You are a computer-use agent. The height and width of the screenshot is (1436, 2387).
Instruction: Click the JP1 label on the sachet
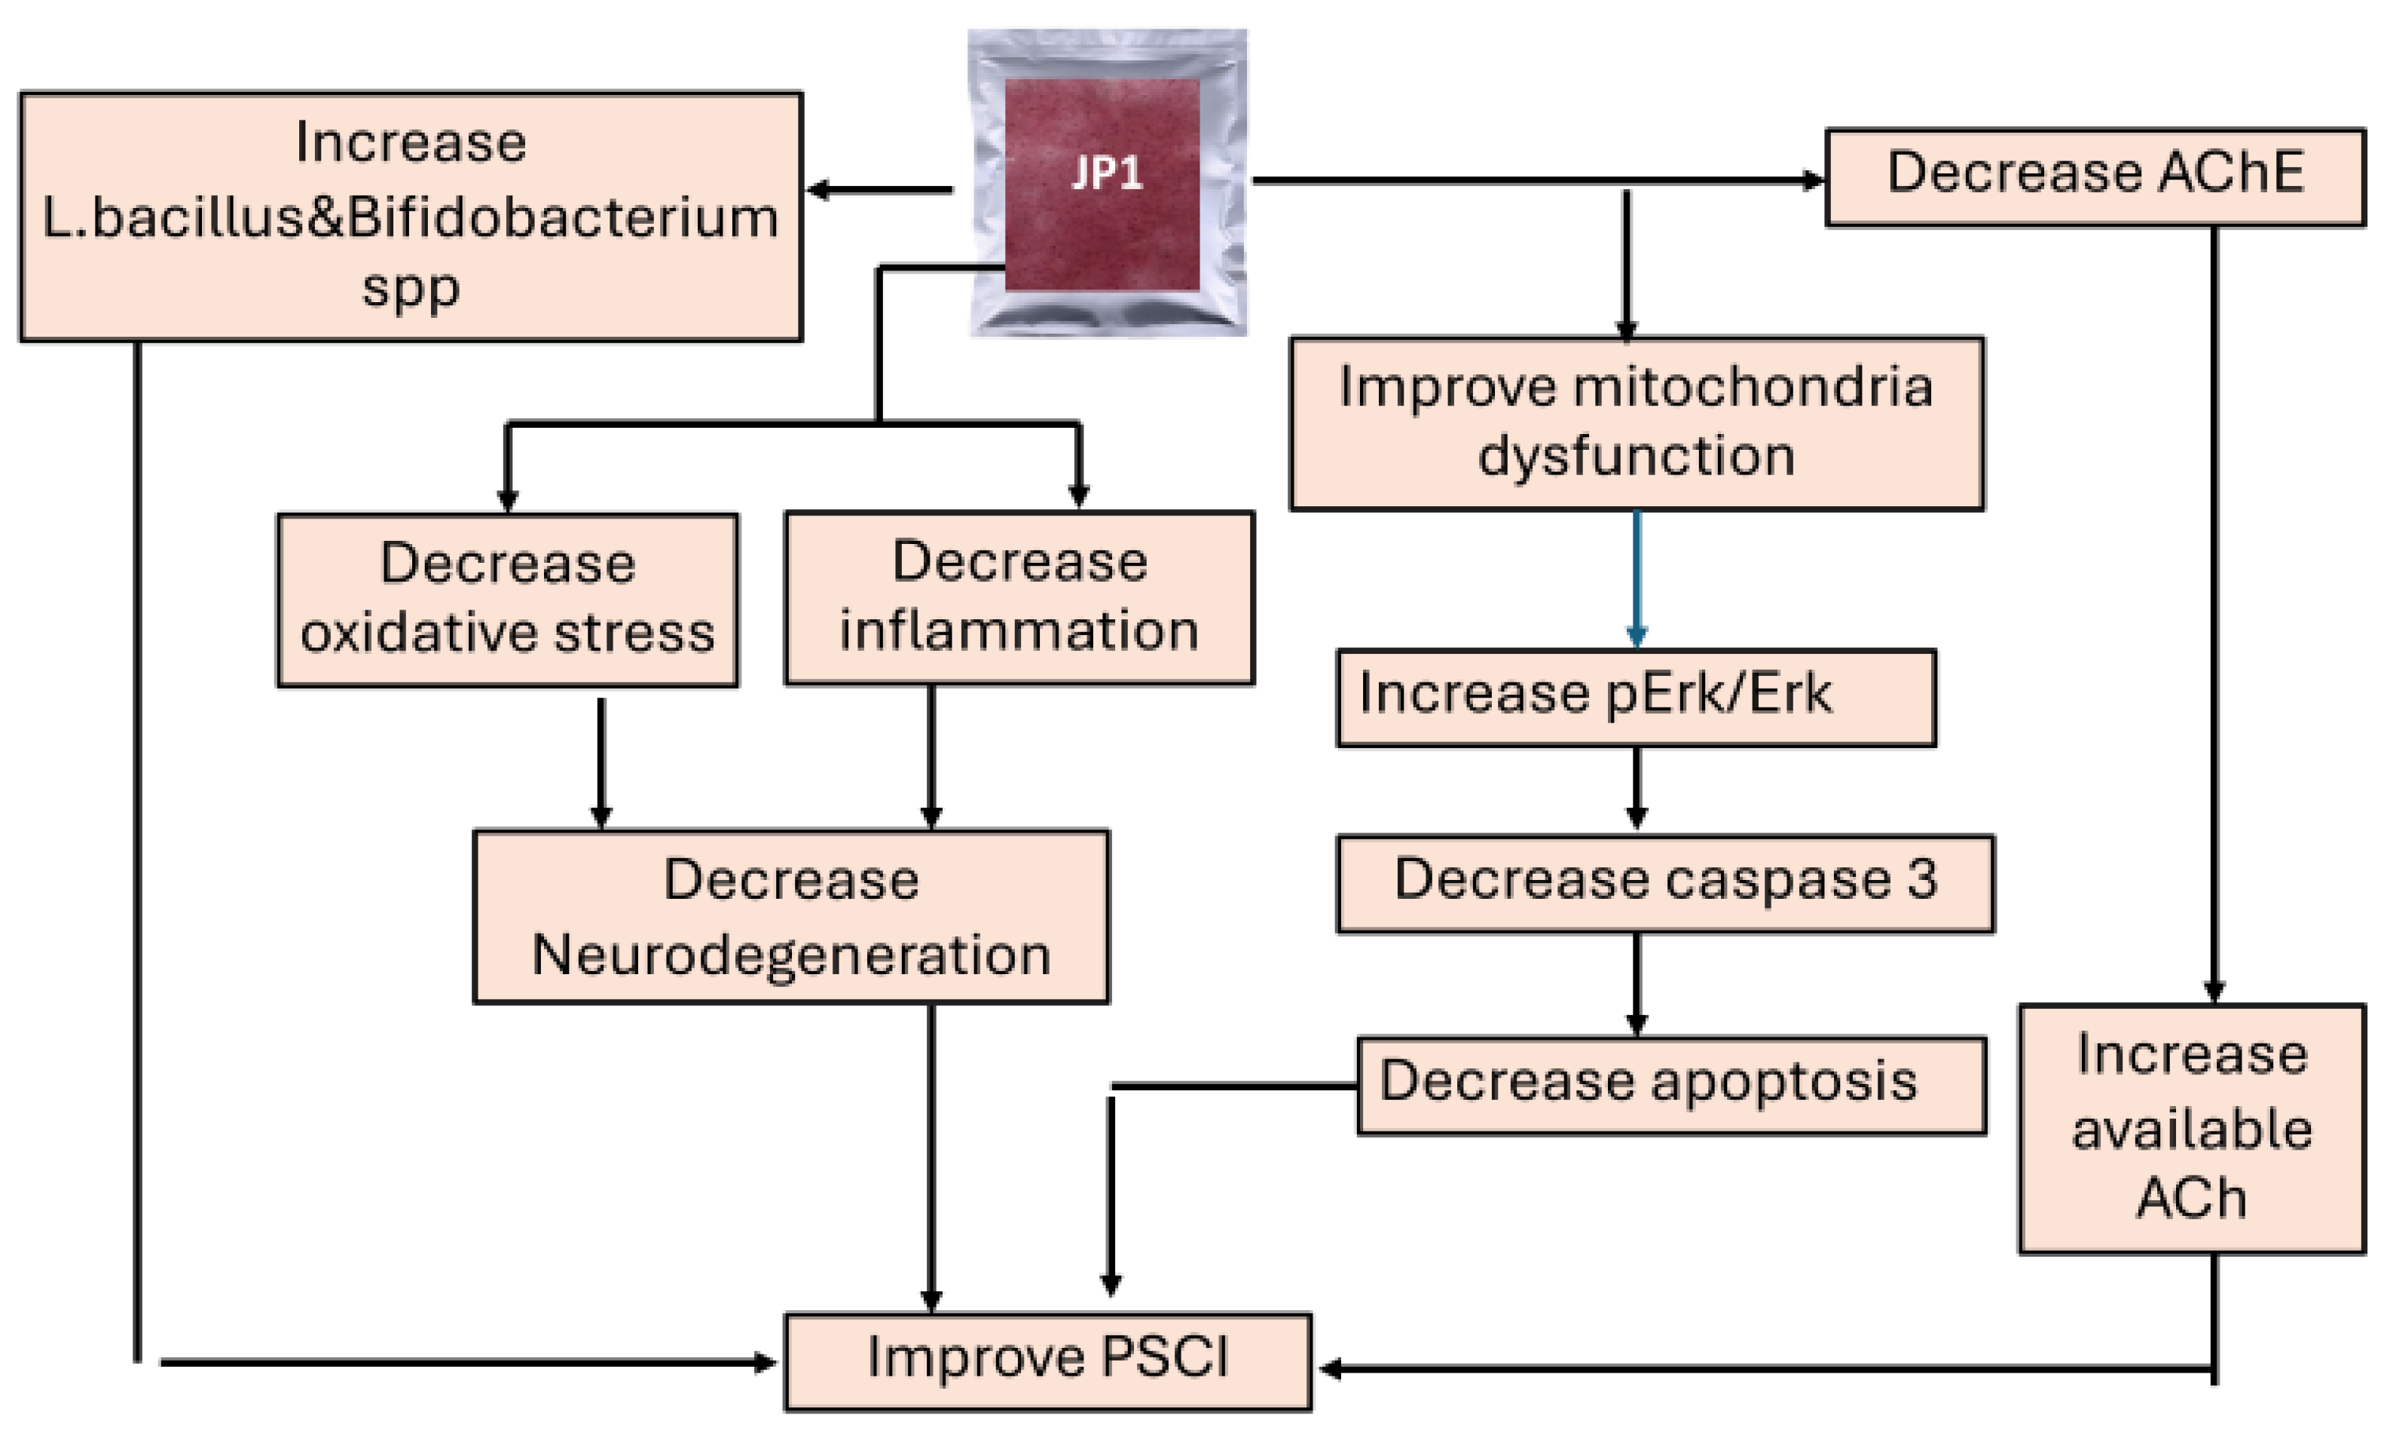coord(1107,173)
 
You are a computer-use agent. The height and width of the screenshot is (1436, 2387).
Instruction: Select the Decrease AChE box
coord(2094,176)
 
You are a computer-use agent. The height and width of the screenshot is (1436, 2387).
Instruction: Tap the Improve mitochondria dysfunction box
coord(1635,423)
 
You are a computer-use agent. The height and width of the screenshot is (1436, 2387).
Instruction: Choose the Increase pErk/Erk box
coord(1635,697)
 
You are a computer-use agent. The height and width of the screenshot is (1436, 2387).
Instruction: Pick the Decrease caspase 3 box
coord(1664,882)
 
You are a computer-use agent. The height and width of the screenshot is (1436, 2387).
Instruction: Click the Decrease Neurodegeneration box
coord(790,915)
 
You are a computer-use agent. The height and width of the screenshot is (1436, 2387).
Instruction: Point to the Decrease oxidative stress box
coord(507,599)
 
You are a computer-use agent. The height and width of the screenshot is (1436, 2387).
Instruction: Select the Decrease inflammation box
coord(1019,597)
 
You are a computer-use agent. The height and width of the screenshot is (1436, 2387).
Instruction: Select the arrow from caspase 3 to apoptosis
coord(1636,983)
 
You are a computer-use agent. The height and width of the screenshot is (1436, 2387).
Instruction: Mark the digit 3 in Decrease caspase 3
coord(1921,878)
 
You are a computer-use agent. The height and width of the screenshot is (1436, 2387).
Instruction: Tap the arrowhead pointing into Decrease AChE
coord(1811,180)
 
